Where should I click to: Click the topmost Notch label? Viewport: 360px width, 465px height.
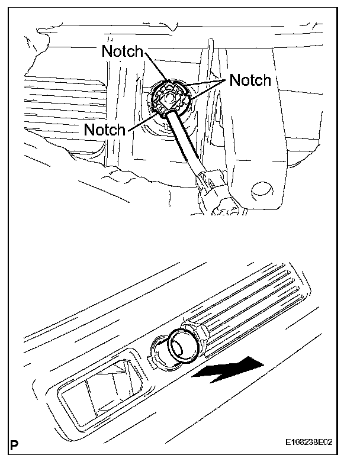(123, 51)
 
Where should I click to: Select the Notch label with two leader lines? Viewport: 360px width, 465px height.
(250, 79)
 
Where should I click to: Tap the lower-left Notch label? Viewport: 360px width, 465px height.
(105, 130)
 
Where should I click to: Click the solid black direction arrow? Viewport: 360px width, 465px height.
(230, 370)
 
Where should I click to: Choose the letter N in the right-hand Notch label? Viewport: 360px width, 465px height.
(234, 80)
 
